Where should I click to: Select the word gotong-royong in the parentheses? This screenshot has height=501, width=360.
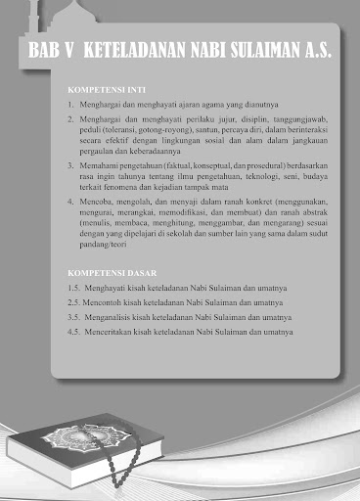pyautogui.click(x=161, y=130)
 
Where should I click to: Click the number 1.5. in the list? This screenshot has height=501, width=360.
pyautogui.click(x=72, y=291)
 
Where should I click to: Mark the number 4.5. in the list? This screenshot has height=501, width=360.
pyautogui.click(x=72, y=332)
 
